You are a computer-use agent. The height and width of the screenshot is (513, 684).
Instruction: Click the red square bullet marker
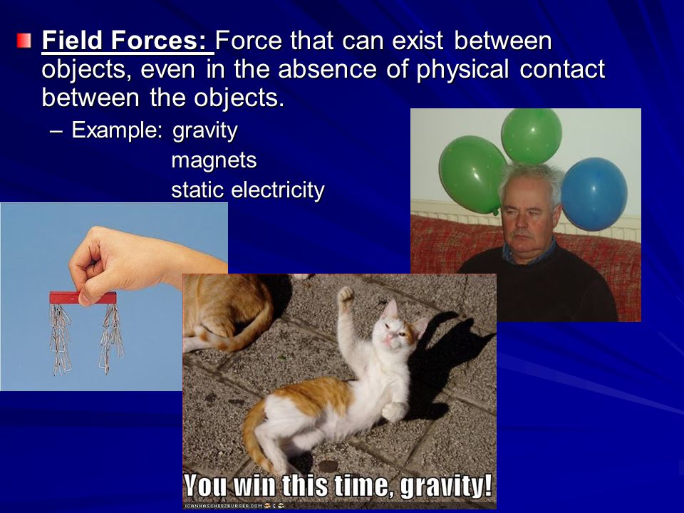[24, 41]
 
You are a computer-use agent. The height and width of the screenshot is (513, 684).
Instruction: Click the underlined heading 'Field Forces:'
[127, 41]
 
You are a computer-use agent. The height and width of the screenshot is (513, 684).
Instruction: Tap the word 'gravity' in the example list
[205, 130]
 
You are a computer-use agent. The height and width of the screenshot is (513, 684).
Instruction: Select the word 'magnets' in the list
[214, 160]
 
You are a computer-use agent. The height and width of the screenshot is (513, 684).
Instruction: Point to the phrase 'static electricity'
[248, 190]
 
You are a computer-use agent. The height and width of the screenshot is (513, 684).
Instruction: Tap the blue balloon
[594, 194]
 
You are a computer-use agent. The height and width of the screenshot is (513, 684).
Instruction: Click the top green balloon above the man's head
[532, 136]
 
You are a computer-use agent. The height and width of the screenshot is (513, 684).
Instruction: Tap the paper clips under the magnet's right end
[111, 338]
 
